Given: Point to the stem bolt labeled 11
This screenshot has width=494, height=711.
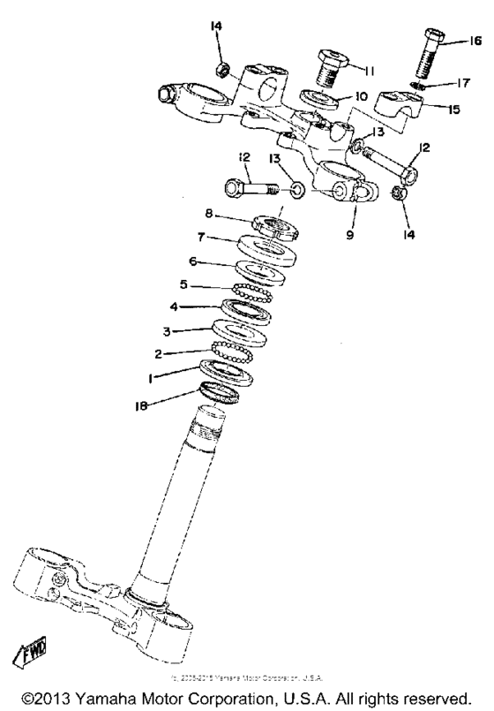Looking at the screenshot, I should click(332, 65).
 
